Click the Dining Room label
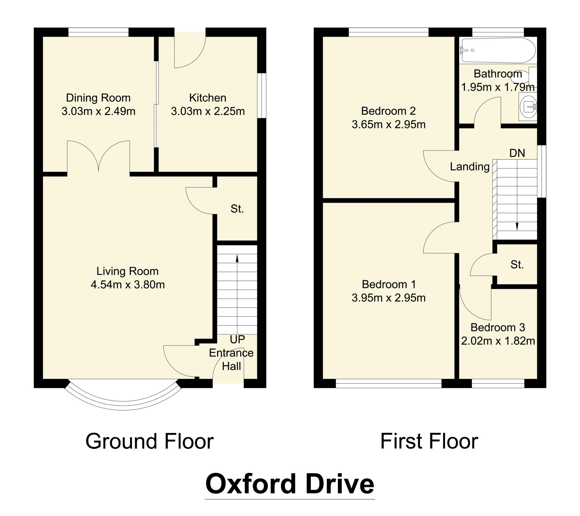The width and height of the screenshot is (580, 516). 98,98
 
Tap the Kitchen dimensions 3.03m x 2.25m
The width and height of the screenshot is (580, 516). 208,111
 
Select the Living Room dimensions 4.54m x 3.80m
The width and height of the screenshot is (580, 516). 128,284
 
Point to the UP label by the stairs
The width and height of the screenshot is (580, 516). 237,339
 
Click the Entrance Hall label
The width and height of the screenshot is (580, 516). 231,359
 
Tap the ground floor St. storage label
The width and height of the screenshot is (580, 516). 237,209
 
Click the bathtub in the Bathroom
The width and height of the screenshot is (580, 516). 498,50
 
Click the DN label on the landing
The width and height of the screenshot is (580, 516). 517,153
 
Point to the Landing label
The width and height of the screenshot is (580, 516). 470,166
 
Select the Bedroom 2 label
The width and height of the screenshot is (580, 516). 388,111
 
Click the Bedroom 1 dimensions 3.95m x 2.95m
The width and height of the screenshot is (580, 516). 389,298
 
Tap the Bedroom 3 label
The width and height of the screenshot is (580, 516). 498,327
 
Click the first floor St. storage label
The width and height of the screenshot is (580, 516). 517,265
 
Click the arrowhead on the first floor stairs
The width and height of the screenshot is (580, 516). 517,226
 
